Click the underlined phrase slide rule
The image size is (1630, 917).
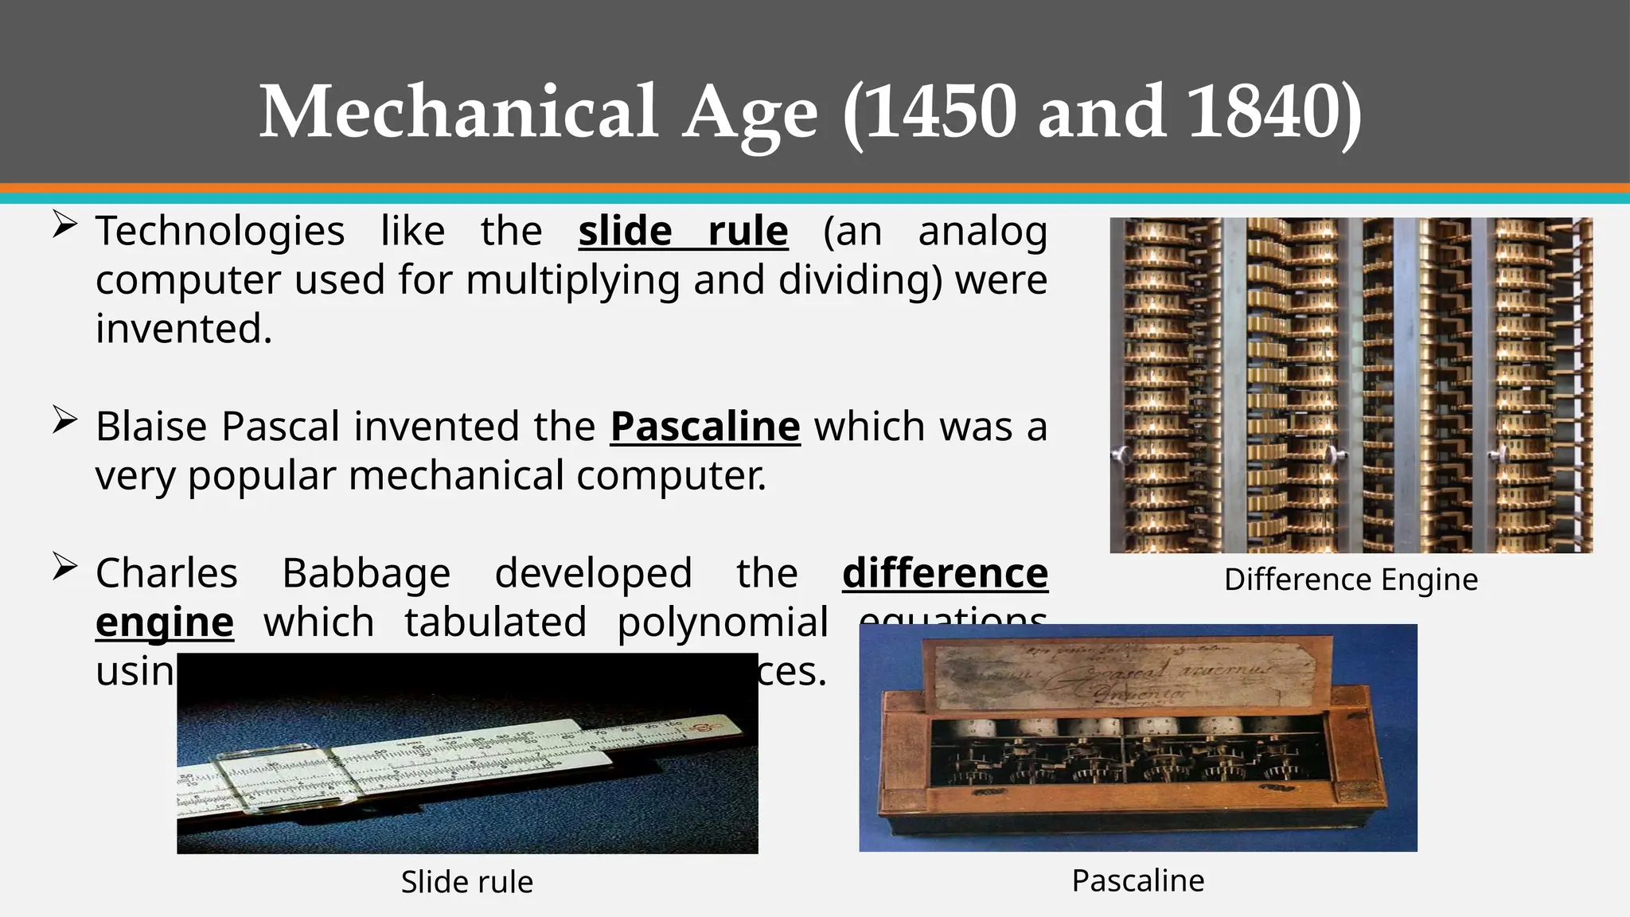(x=683, y=232)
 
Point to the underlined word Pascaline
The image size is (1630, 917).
(x=705, y=427)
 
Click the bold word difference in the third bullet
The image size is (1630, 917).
(x=945, y=574)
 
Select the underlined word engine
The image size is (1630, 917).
(x=165, y=622)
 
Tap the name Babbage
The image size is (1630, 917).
(x=366, y=574)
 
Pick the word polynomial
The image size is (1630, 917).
(x=723, y=622)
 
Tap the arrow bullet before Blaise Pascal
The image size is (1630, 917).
(x=64, y=419)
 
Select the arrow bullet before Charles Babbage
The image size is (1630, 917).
(x=64, y=567)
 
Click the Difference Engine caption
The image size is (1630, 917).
(x=1351, y=579)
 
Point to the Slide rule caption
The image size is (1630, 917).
(x=467, y=882)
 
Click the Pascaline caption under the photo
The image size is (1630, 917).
(x=1138, y=881)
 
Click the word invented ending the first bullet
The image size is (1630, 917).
(x=183, y=329)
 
